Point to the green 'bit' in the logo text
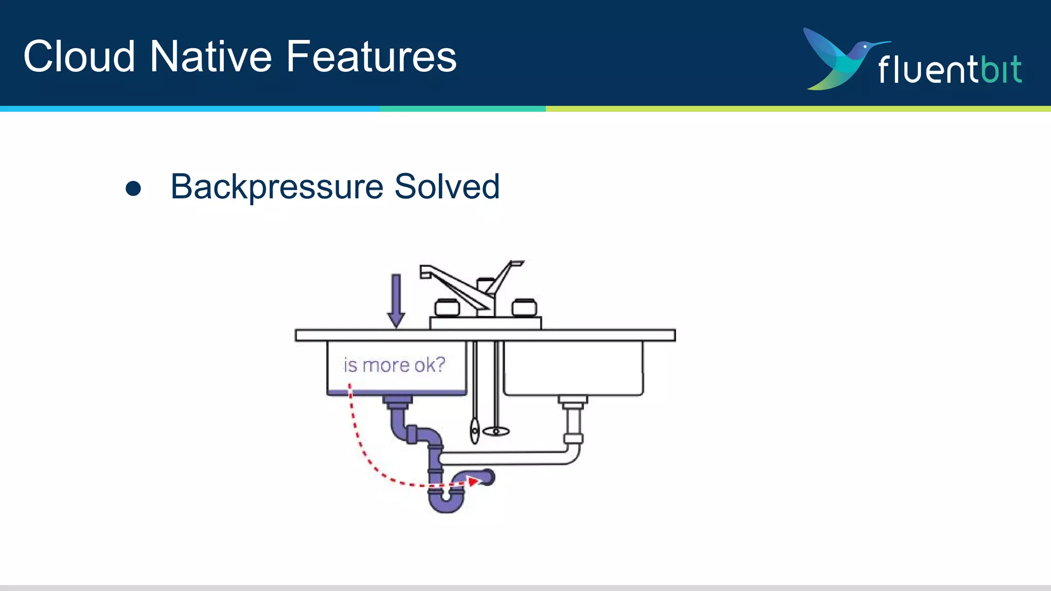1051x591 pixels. click(x=1001, y=69)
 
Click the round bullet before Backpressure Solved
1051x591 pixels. click(x=133, y=188)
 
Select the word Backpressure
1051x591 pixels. click(x=277, y=187)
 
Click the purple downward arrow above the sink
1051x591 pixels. click(x=396, y=300)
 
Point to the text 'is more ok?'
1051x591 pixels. click(x=394, y=365)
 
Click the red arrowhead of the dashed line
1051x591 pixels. click(x=473, y=481)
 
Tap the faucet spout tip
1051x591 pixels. click(x=425, y=272)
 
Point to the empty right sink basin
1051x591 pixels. click(x=573, y=368)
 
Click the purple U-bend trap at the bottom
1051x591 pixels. click(x=446, y=503)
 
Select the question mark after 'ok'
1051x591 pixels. click(x=440, y=365)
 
